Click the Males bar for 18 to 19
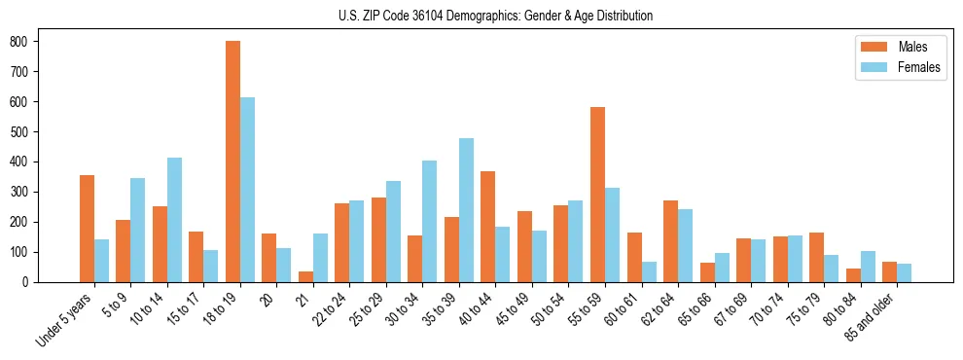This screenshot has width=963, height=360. pyautogui.click(x=232, y=162)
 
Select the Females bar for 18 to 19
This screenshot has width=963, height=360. pyautogui.click(x=247, y=190)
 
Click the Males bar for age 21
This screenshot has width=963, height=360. pyautogui.click(x=305, y=276)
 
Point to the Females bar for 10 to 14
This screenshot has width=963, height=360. pyautogui.click(x=174, y=220)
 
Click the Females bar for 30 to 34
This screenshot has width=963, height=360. pyautogui.click(x=430, y=221)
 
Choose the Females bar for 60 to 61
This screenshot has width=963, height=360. pyautogui.click(x=649, y=271)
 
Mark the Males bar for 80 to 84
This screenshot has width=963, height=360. pyautogui.click(x=853, y=275)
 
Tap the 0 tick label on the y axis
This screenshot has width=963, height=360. pyautogui.click(x=29, y=282)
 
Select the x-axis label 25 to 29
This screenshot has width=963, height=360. pyautogui.click(x=368, y=309)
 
